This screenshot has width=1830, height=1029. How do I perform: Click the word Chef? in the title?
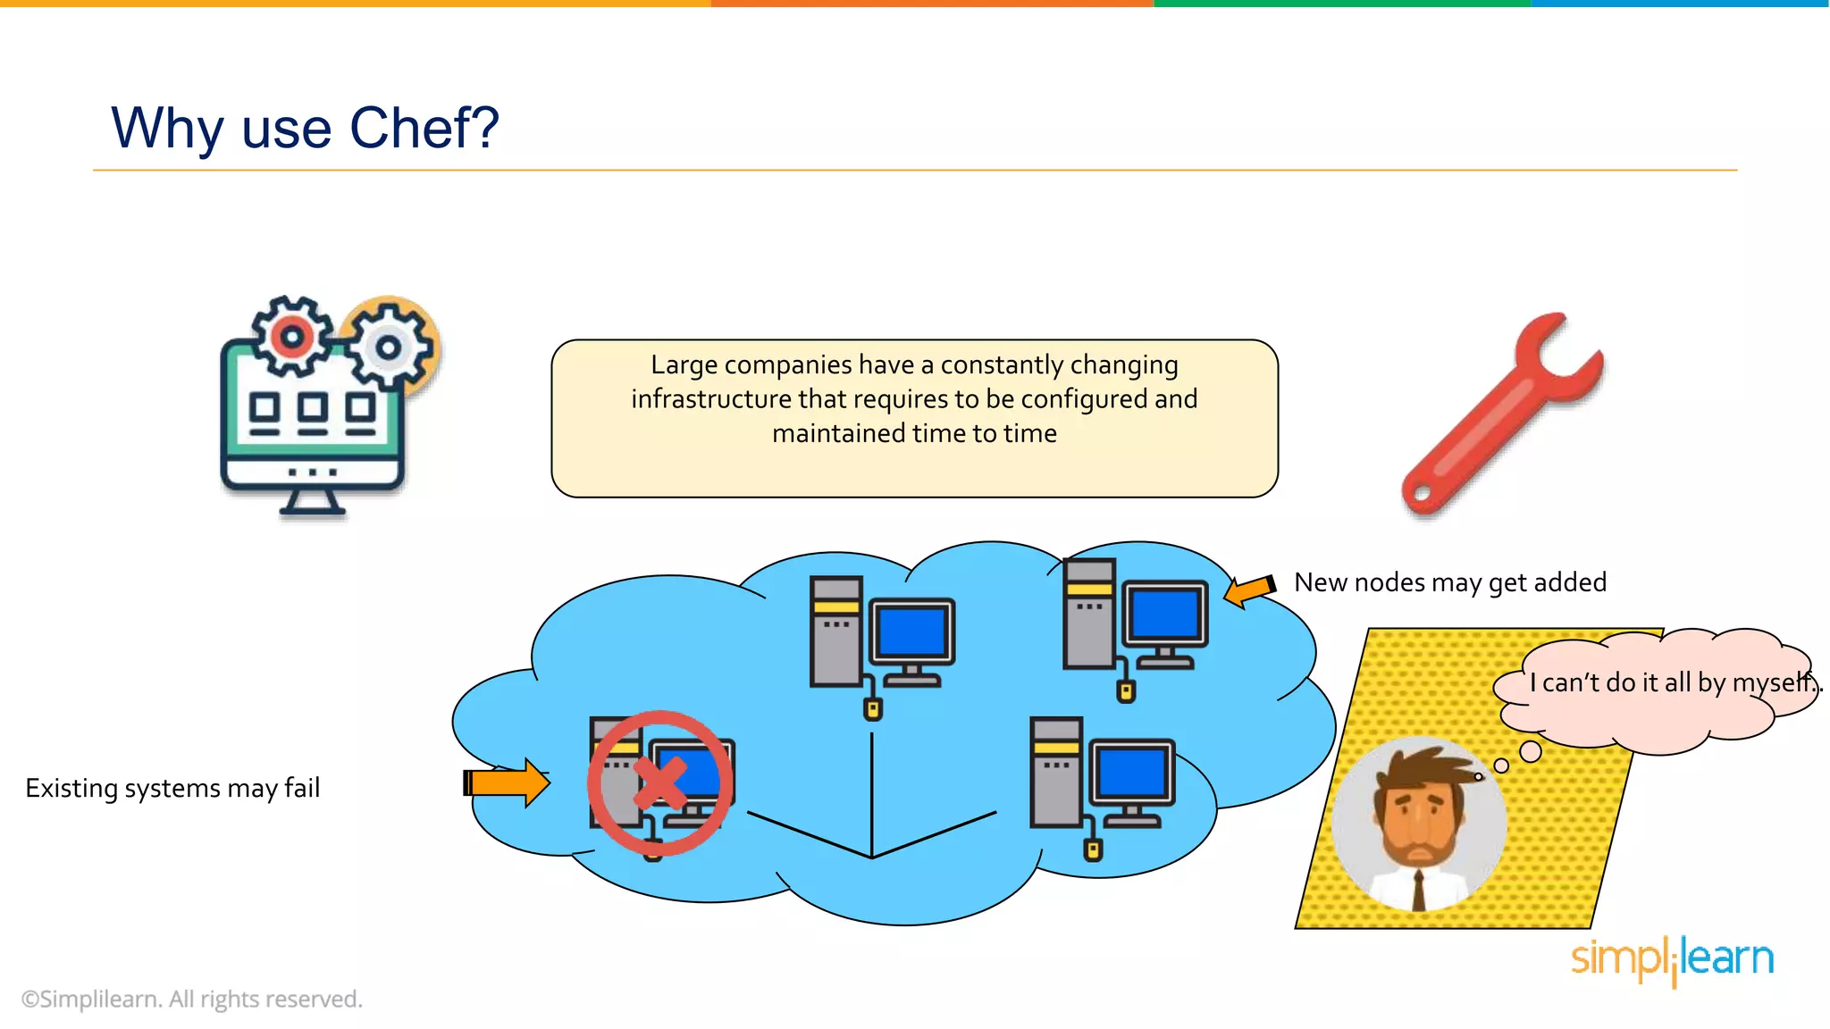[x=424, y=128]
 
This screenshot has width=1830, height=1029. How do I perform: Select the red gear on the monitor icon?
[x=291, y=337]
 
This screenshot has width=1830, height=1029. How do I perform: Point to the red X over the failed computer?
[x=660, y=783]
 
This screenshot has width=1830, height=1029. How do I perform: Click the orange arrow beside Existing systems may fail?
[x=508, y=782]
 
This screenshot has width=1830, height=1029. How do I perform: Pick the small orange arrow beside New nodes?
[x=1249, y=590]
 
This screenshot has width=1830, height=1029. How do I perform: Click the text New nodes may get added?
[x=1449, y=582]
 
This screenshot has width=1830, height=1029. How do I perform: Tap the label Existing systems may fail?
[x=172, y=788]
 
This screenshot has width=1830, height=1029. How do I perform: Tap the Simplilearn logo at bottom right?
[x=1672, y=959]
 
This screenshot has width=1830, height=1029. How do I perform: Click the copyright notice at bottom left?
[x=192, y=999]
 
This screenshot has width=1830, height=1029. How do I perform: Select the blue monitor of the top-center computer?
[x=911, y=631]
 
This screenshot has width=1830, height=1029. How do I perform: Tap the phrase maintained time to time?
[x=914, y=433]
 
